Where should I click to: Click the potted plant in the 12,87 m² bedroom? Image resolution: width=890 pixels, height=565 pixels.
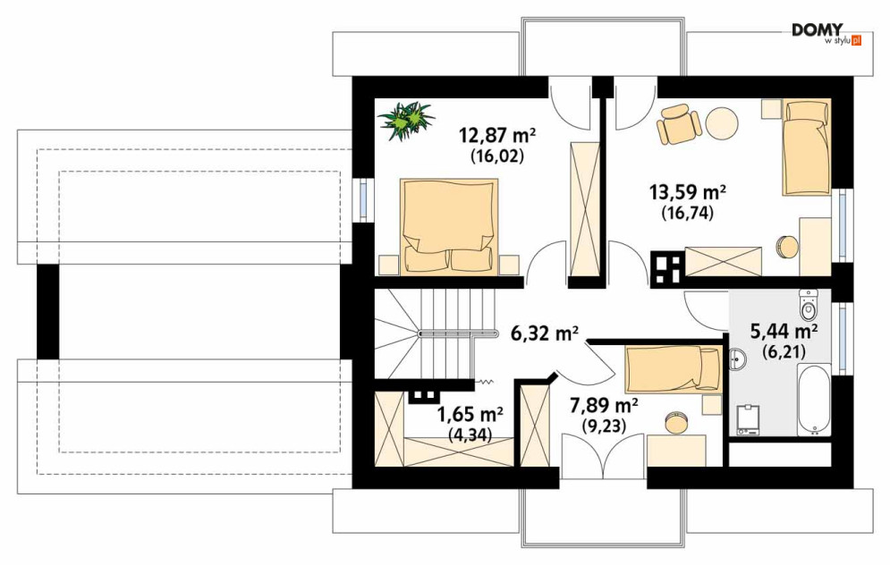(x=406, y=121)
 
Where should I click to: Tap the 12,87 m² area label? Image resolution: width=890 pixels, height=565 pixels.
(x=497, y=136)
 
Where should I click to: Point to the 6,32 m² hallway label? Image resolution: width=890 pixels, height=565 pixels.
(x=545, y=333)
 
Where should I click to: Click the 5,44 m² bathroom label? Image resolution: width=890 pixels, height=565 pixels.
(x=784, y=332)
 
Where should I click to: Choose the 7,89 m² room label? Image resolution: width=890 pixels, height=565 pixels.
(x=604, y=406)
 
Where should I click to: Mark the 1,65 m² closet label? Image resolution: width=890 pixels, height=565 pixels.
(x=470, y=415)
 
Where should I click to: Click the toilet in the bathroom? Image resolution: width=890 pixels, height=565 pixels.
(x=808, y=304)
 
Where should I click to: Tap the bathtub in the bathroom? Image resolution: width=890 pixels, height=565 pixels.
(x=814, y=401)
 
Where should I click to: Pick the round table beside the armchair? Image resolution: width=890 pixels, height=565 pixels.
(x=723, y=123)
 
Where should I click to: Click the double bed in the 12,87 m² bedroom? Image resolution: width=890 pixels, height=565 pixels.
(x=449, y=226)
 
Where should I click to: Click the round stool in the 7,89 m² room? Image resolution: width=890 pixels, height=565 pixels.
(x=677, y=423)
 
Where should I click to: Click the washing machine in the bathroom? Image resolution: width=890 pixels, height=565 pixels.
(x=748, y=420)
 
